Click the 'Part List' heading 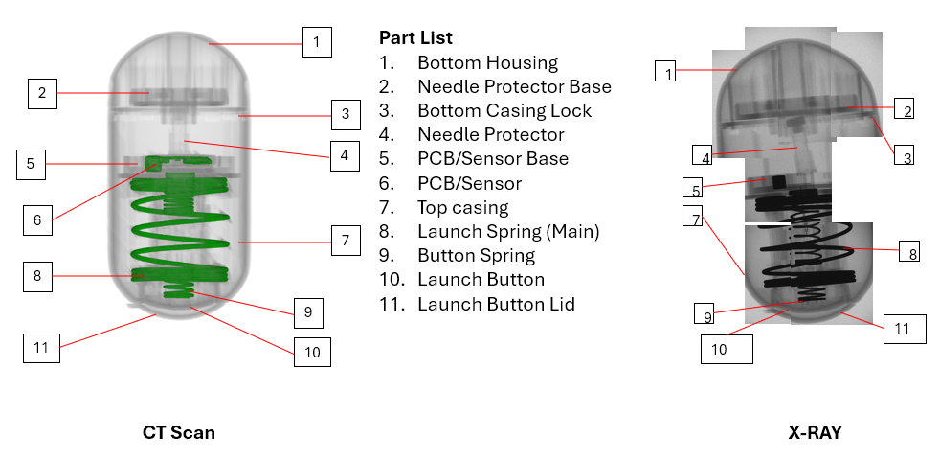click(x=415, y=37)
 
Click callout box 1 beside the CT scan click(x=317, y=42)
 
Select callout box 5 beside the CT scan click(x=31, y=164)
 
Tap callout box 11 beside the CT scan click(x=41, y=348)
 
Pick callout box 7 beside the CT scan click(x=346, y=241)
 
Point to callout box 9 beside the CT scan click(x=309, y=312)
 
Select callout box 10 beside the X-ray click(x=727, y=349)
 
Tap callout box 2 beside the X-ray click(x=904, y=108)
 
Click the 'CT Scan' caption click(x=179, y=432)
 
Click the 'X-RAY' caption click(x=815, y=432)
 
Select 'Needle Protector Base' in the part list click(x=514, y=86)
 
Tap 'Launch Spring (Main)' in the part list click(x=508, y=231)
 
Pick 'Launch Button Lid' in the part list click(x=496, y=304)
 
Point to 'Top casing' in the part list click(x=462, y=208)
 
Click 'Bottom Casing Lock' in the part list click(x=504, y=110)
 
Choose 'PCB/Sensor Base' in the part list click(x=493, y=158)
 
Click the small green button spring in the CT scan click(x=179, y=292)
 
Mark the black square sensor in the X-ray click(x=779, y=181)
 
